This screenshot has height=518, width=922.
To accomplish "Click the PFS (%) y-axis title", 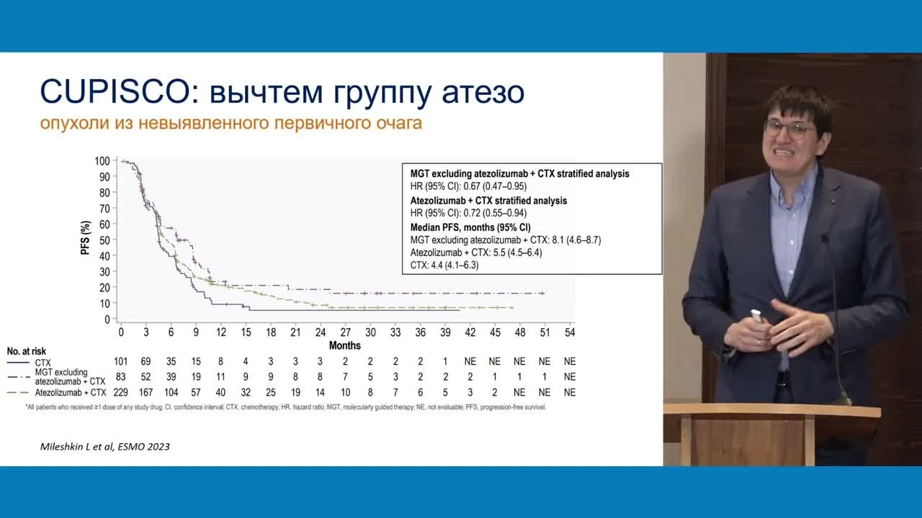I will point(85,240).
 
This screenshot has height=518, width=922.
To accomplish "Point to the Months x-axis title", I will point(345,346).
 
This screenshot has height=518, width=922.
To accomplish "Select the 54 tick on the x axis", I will point(569,333).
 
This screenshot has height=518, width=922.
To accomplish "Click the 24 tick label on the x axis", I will point(320,333).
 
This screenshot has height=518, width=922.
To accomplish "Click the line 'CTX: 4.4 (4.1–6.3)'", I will point(444,265).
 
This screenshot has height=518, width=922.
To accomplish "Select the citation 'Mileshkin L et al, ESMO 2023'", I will point(105,446).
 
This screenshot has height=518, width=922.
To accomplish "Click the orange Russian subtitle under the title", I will point(230,123).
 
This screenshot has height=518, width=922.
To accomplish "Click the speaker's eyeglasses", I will point(790,129).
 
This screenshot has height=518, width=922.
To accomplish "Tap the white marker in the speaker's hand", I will point(757,317).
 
